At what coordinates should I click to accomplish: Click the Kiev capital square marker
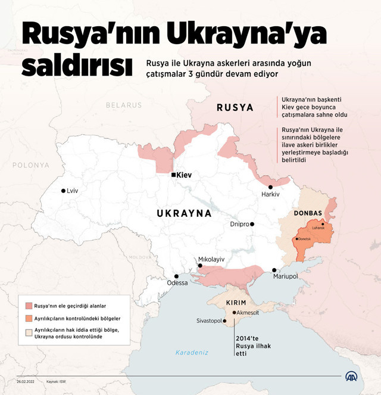173,175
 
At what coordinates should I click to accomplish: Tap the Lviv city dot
63,191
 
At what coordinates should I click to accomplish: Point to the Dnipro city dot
252,225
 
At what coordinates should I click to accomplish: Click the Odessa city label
177,283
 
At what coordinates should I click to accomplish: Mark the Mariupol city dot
274,270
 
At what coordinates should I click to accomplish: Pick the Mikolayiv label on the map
211,260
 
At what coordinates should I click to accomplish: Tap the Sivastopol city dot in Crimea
225,321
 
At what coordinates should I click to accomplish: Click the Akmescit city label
248,312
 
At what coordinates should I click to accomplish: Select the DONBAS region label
308,213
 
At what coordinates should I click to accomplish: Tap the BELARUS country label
124,105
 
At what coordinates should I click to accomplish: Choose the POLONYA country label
30,165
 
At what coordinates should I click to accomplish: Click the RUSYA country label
235,108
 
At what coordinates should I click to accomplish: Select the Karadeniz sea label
192,352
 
